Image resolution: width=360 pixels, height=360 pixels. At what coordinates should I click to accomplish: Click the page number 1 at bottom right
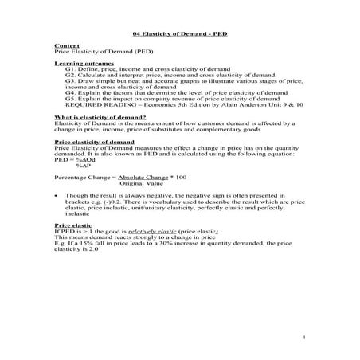(x=306, y=339)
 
